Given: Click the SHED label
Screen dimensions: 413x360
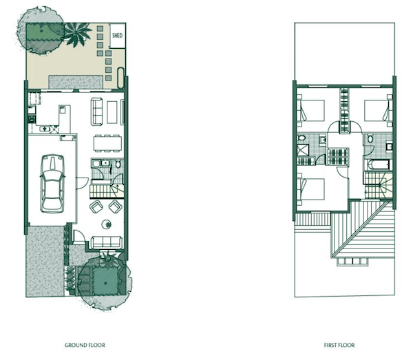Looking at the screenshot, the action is coord(117,35).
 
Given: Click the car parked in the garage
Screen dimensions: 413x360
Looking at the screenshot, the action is coord(52,183).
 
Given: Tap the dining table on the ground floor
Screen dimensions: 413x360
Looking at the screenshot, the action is coord(108,143).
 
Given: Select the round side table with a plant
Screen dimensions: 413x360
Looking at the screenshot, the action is coord(107,224).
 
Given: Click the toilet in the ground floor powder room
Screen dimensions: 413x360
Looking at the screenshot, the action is coord(118,165).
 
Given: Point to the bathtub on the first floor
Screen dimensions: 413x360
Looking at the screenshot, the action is coord(378,165).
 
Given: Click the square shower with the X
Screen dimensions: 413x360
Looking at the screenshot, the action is coord(303,149).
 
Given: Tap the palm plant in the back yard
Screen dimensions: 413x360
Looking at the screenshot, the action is coord(76,34).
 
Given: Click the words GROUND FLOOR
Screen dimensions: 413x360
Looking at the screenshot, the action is coord(85,345).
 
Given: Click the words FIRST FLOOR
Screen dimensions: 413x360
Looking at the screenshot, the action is coord(339,345).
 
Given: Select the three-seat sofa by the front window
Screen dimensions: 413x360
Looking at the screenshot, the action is coord(107,242).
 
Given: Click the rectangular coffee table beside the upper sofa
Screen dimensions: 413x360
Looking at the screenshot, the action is coord(112,112).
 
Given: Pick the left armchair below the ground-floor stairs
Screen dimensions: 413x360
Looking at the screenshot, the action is coord(96,207).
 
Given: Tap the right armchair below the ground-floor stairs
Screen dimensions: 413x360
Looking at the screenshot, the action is coord(116,207).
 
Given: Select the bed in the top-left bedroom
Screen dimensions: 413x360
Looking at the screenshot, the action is coord(311,110).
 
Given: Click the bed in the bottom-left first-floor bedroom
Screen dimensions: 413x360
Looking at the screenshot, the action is coord(311,189).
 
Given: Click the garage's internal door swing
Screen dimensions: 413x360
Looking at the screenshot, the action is coord(83,183).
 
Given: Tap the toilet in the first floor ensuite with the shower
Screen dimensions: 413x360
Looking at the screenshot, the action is coord(301,138).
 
